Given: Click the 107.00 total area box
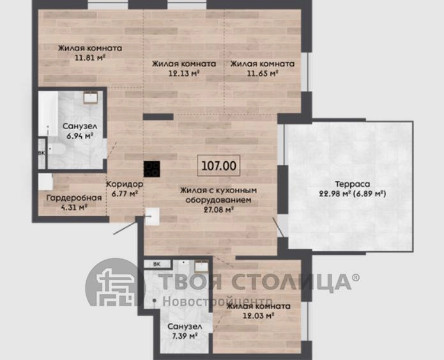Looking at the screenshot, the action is [x=218, y=166].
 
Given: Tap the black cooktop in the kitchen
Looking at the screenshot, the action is [x=152, y=169].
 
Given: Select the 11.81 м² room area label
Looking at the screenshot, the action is [x=90, y=58].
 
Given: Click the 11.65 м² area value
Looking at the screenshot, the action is [x=262, y=74].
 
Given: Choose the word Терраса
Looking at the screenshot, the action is [x=353, y=184].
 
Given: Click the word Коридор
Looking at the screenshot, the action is [x=125, y=184].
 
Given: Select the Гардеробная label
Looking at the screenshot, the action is [x=74, y=198].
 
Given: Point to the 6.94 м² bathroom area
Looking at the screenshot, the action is [x=80, y=136].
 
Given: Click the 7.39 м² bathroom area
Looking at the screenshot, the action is [x=185, y=336].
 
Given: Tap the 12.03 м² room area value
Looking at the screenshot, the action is [x=259, y=315].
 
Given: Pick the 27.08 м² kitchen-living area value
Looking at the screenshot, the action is [x=218, y=210].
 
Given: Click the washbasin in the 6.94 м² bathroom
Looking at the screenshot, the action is [x=91, y=98].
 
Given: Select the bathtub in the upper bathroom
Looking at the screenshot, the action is [x=48, y=113].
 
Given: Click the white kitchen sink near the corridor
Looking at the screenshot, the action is [x=152, y=216].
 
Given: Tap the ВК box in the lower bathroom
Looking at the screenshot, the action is [x=157, y=264].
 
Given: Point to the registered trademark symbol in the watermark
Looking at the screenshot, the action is [x=356, y=278].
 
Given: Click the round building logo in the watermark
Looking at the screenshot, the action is [x=115, y=283].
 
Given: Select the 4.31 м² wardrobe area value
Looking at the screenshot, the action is [x=74, y=208].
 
